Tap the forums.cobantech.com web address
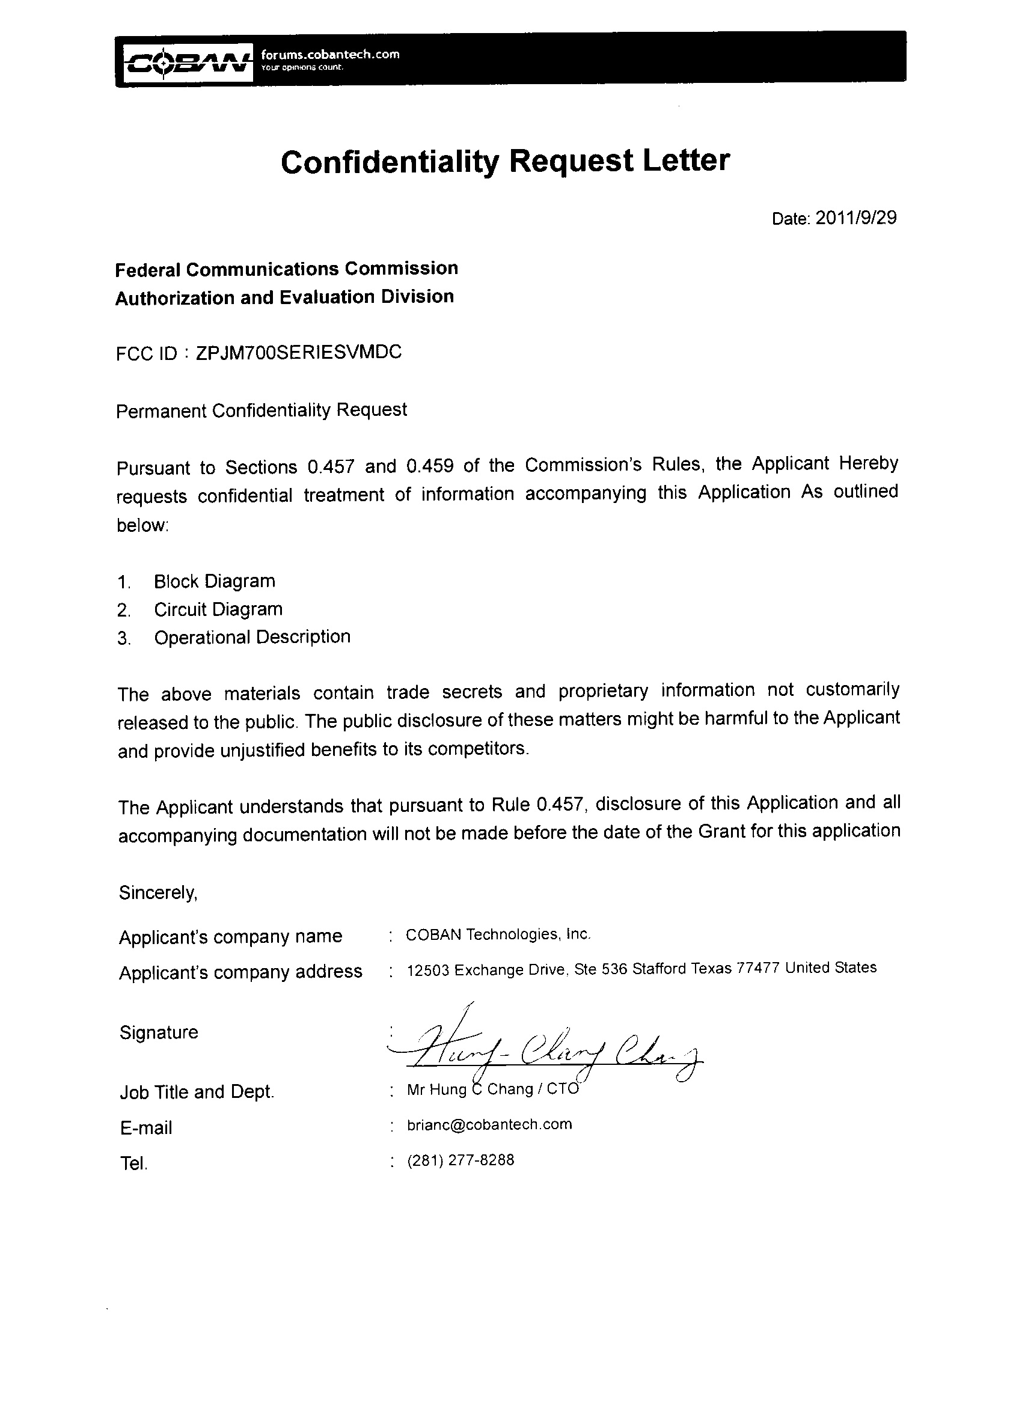330,55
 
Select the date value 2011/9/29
856,218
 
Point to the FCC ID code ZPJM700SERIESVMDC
299,352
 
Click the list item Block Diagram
215,581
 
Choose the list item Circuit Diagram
218,609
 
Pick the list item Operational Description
252,637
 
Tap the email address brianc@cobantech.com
489,1124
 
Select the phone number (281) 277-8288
461,1160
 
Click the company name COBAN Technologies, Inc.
498,934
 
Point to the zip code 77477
757,968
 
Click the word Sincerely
158,892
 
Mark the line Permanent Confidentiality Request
262,410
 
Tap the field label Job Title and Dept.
197,1091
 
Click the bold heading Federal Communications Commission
286,269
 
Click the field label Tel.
134,1163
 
